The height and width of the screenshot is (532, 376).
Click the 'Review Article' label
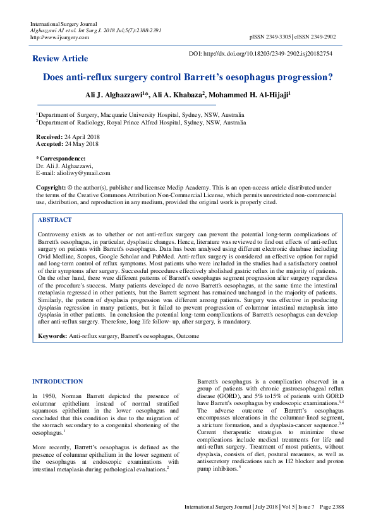pyautogui.click(x=60, y=59)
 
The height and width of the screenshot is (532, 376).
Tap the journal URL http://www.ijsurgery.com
pyautogui.click(x=59, y=37)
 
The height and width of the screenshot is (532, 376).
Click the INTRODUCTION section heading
pyautogui.click(x=57, y=382)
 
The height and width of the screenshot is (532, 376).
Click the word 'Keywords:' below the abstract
pyautogui.click(x=52, y=336)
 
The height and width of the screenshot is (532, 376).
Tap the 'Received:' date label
pyautogui.click(x=50, y=136)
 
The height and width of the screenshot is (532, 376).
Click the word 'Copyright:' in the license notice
pyautogui.click(x=51, y=188)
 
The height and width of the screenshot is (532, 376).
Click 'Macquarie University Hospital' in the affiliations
pyautogui.click(x=130, y=115)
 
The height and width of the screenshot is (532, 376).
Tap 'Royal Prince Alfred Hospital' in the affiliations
pyautogui.click(x=140, y=123)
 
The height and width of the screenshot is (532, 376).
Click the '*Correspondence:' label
pyautogui.click(x=61, y=158)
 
